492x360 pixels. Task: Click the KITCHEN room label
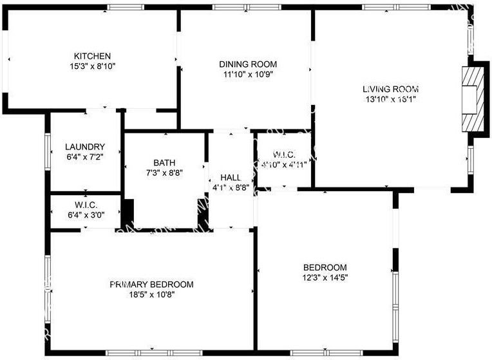(x=92, y=56)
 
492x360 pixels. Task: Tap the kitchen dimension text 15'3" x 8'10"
(x=92, y=66)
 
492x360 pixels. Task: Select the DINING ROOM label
(x=248, y=64)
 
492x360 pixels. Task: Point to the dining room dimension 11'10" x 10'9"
(x=248, y=74)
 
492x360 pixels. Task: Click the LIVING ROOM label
(x=391, y=89)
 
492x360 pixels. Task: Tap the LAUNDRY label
(x=85, y=147)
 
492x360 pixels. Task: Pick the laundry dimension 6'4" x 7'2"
(x=85, y=156)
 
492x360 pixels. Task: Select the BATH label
(x=164, y=163)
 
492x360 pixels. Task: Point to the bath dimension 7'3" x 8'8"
(x=164, y=173)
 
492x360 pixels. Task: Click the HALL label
(x=231, y=178)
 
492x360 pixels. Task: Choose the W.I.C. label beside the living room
(x=284, y=155)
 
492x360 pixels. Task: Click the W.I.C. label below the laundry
(x=85, y=205)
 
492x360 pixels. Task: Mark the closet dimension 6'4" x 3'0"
(x=85, y=215)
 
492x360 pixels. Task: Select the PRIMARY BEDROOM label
(x=151, y=284)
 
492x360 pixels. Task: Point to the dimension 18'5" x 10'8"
(x=151, y=294)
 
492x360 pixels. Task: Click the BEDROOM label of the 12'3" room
(x=325, y=267)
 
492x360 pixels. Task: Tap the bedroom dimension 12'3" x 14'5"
(x=325, y=278)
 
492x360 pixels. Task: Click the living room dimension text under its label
(x=391, y=99)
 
